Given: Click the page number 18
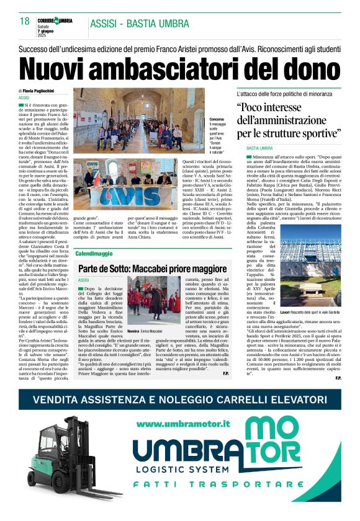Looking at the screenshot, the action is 24,21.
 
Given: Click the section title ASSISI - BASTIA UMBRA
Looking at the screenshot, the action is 139,24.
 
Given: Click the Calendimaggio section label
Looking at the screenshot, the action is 94,254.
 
